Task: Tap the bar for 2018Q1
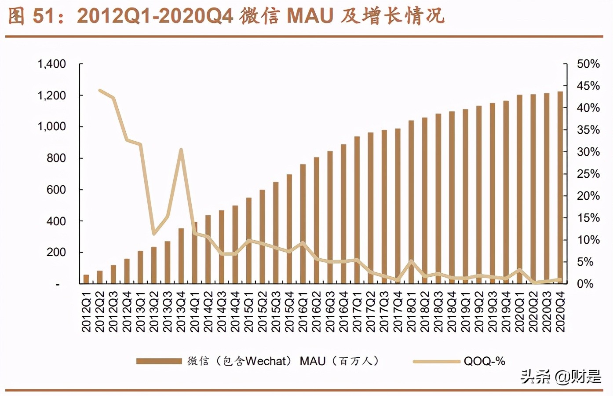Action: tap(411, 202)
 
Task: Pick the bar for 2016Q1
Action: tap(303, 224)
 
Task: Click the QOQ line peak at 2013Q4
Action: tap(181, 150)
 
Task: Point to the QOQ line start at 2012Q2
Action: tap(100, 91)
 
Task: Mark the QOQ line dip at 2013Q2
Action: tap(154, 234)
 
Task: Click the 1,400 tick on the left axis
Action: tap(51, 64)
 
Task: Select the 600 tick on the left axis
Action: tap(56, 190)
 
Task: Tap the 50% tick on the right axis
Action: tap(588, 64)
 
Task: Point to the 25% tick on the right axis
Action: tap(588, 174)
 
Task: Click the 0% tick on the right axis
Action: tap(585, 284)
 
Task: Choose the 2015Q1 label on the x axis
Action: tap(249, 312)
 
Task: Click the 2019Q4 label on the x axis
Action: tap(506, 312)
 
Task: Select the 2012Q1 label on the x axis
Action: tap(86, 312)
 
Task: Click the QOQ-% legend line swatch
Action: tap(436, 361)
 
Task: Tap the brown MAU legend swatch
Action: tap(159, 361)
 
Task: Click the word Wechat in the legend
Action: tap(266, 361)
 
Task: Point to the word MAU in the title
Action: tap(310, 16)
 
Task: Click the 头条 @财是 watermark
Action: tap(560, 377)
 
